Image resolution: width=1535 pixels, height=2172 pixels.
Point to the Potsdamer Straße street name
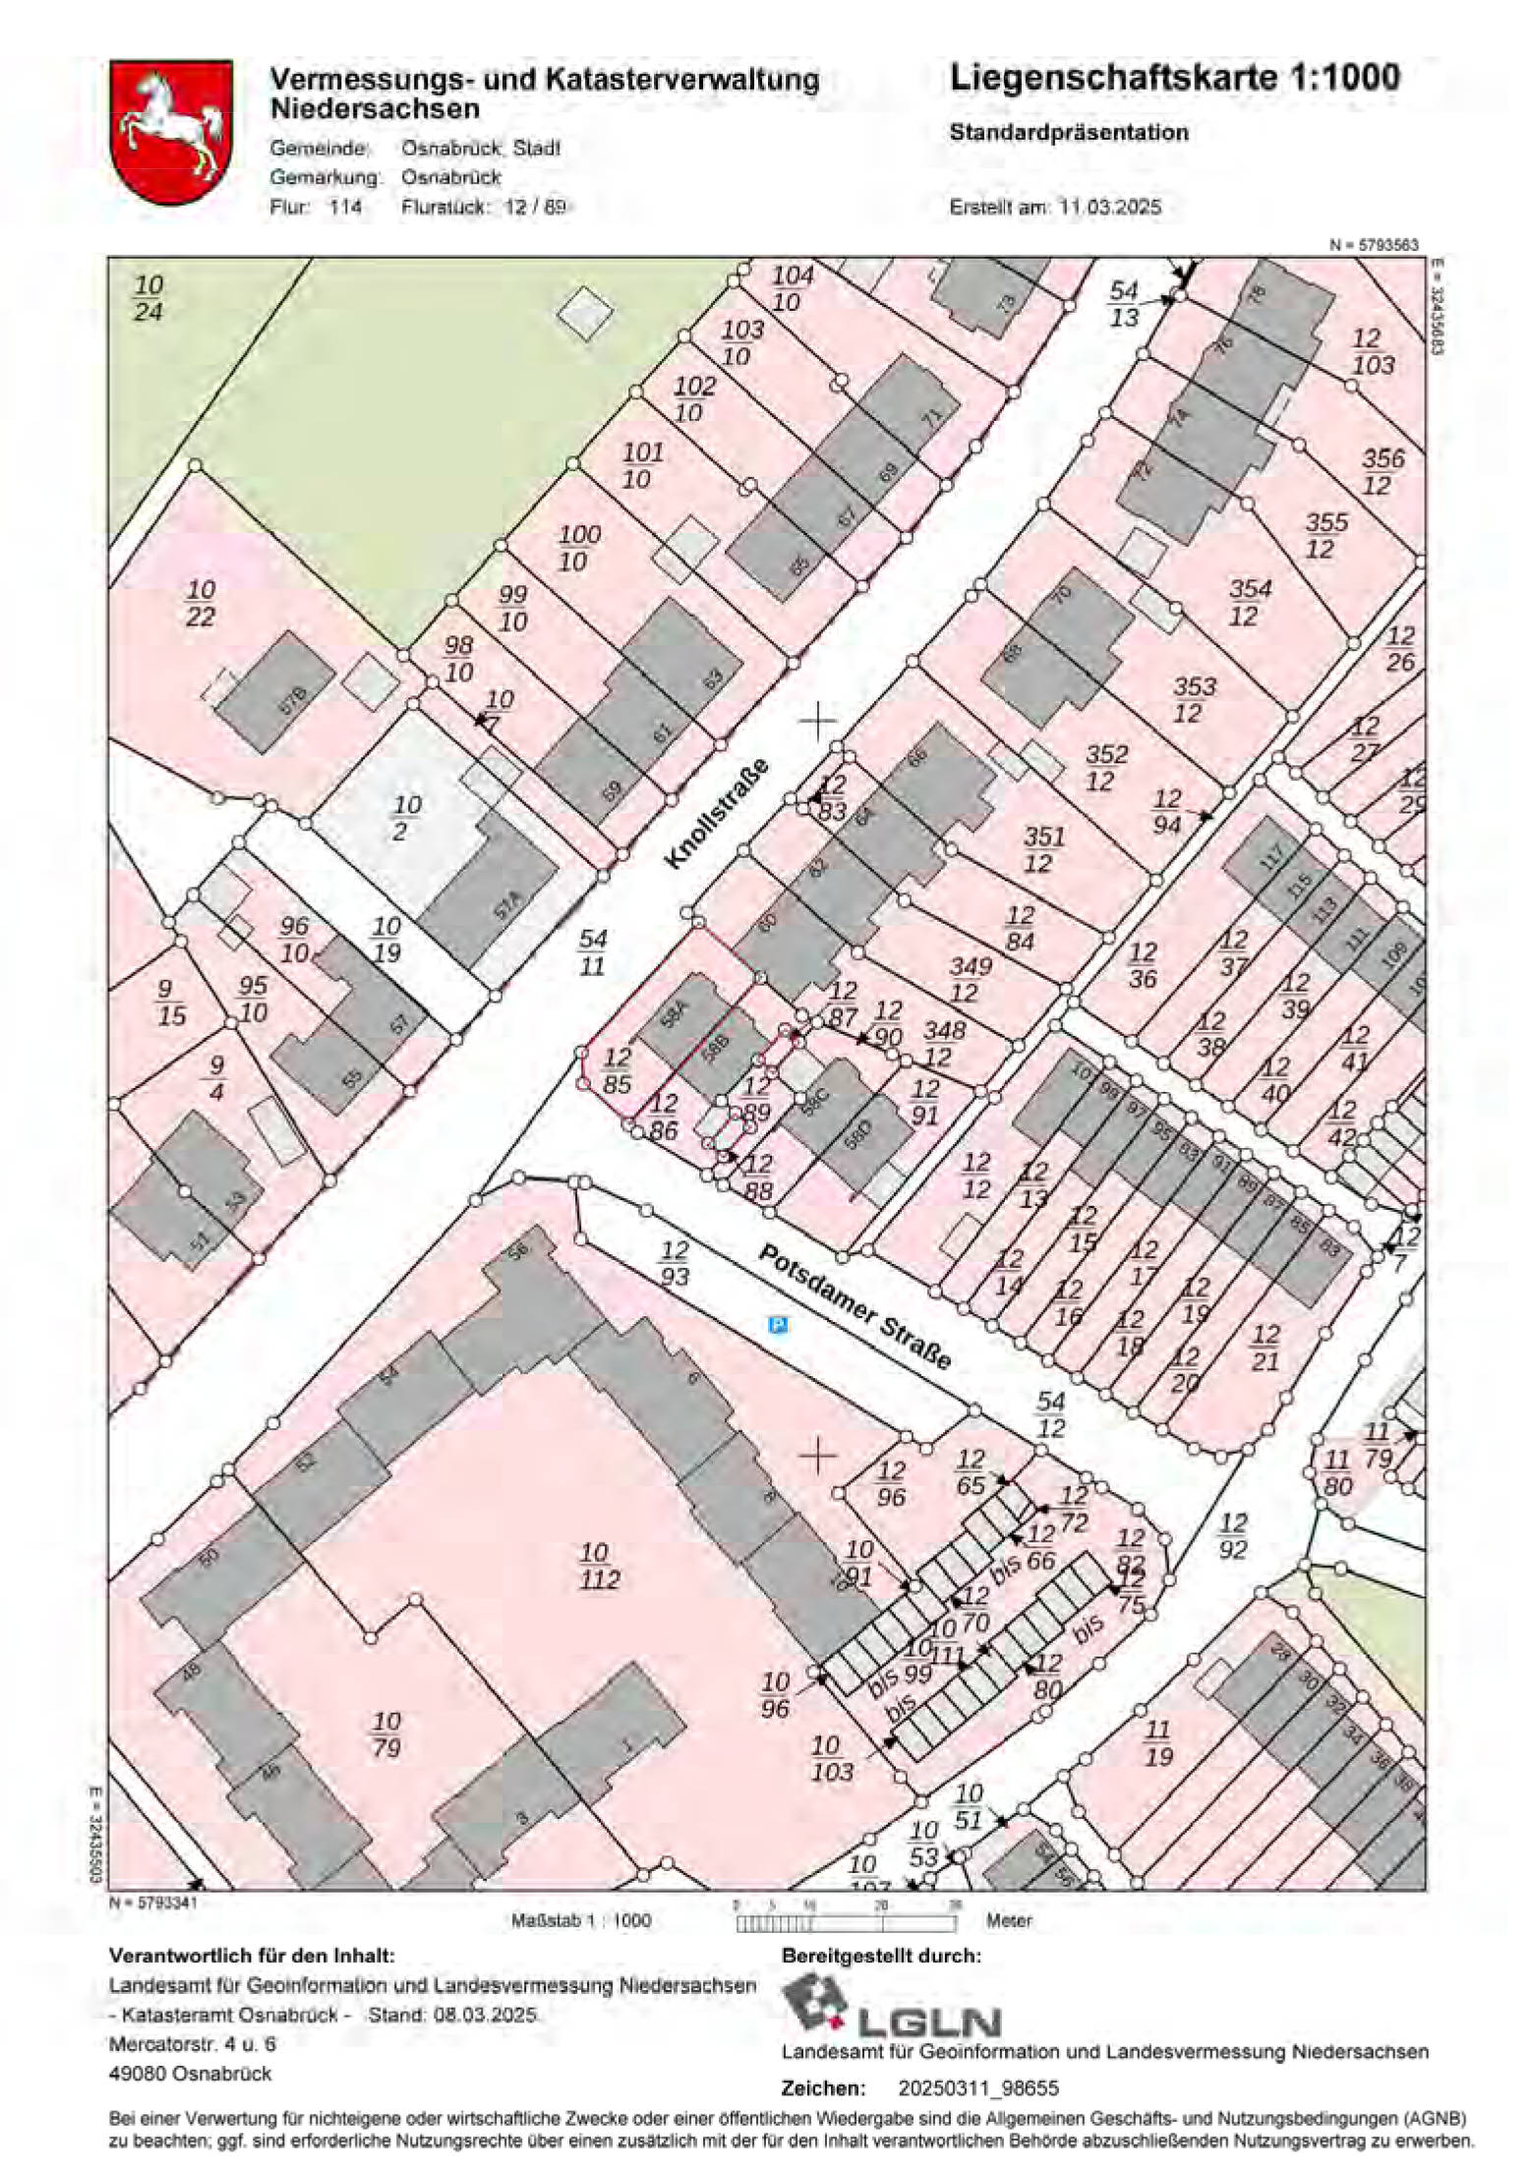pos(855,1307)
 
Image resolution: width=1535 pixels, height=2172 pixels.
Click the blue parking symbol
pos(778,1326)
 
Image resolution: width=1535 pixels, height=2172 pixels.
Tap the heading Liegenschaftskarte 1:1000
pos(1174,79)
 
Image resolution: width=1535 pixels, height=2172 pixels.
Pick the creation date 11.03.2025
pos(1110,208)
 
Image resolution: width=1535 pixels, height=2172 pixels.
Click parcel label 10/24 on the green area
pos(148,299)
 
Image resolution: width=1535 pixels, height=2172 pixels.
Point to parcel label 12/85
pos(617,1071)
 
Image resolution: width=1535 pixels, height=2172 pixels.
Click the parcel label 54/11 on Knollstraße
pos(593,952)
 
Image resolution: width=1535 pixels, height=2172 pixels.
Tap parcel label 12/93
pos(674,1264)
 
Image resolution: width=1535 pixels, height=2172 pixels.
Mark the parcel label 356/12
pos(1383,471)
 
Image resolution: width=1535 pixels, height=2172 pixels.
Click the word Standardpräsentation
pos(1069,133)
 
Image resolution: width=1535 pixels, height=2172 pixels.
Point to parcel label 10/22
pos(201,603)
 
